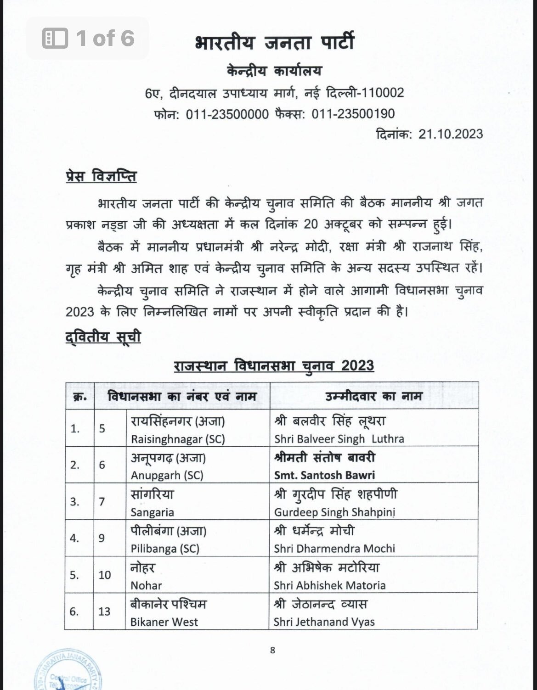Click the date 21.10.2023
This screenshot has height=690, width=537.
(x=451, y=134)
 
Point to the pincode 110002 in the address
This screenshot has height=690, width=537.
(x=383, y=93)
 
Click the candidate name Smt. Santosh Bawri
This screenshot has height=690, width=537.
(x=324, y=475)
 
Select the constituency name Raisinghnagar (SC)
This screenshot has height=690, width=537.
(x=178, y=439)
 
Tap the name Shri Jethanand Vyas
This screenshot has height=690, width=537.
(x=324, y=622)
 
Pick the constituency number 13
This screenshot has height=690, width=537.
(x=104, y=611)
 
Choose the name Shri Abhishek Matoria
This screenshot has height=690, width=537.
(x=330, y=585)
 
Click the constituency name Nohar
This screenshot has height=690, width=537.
(x=147, y=585)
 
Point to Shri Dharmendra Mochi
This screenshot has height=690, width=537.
(x=334, y=549)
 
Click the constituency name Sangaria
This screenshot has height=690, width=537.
(x=152, y=512)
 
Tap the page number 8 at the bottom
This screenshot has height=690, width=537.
(x=272, y=650)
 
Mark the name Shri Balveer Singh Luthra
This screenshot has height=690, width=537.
(x=339, y=439)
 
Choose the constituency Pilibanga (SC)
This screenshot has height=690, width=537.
(x=165, y=549)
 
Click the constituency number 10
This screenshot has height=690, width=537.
(x=104, y=575)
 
